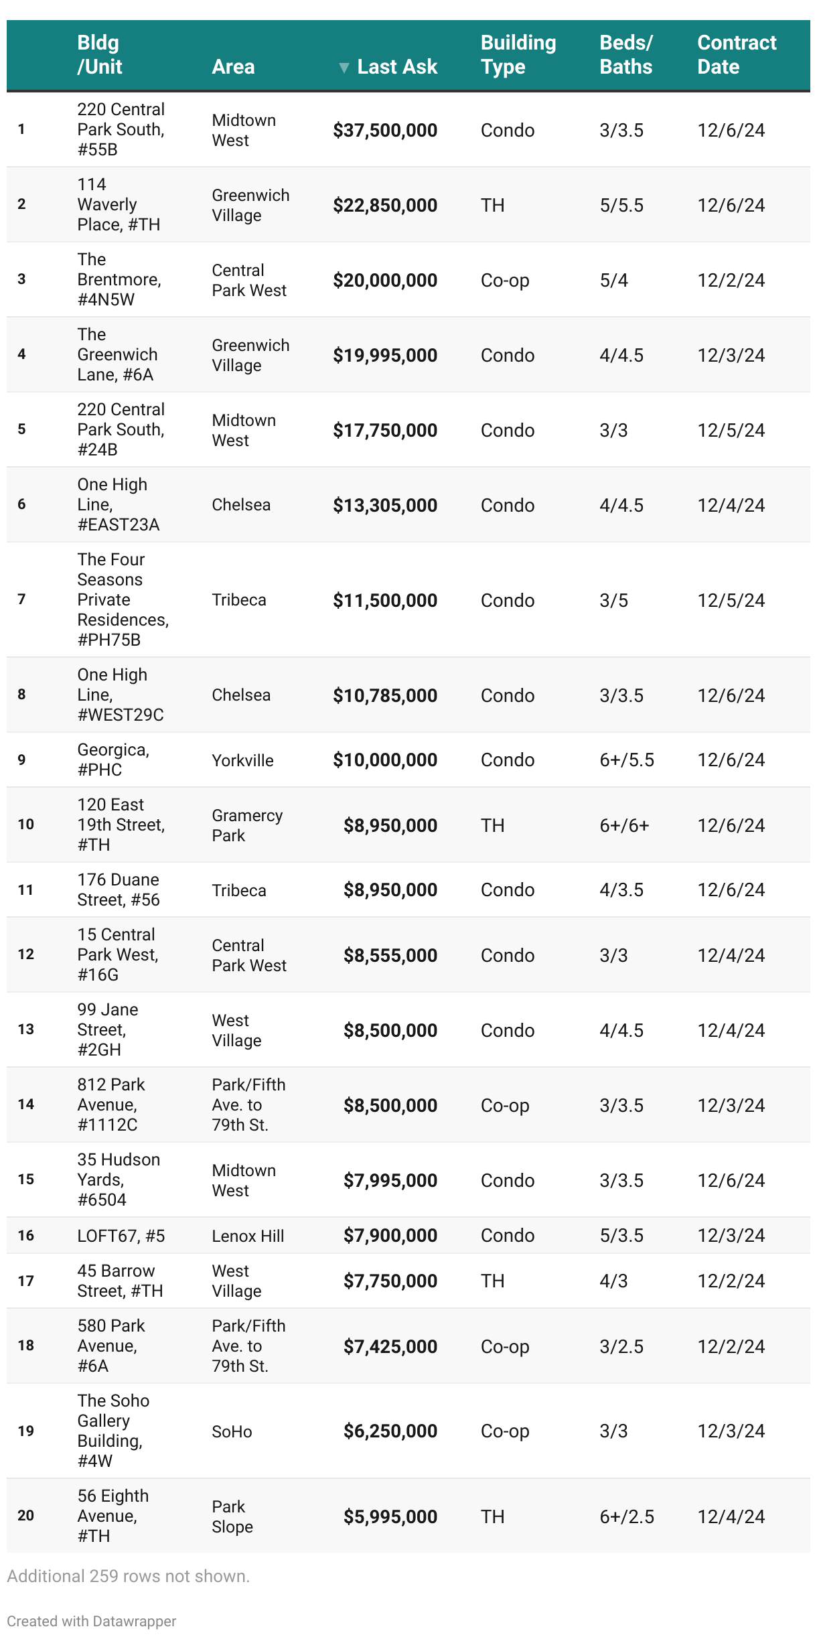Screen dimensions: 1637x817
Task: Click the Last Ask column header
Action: [396, 67]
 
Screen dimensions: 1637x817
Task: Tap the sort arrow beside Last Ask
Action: [344, 68]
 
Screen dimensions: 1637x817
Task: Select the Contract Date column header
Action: [736, 55]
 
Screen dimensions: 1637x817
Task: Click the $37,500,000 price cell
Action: [385, 131]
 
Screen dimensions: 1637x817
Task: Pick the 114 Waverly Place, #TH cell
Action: [119, 204]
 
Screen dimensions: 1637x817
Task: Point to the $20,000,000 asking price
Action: [385, 281]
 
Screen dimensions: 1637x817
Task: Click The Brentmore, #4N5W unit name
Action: [119, 279]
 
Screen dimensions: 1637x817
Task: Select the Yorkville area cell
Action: [242, 761]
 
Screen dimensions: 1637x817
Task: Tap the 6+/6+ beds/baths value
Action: [624, 826]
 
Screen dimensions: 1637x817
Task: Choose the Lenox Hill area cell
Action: [248, 1236]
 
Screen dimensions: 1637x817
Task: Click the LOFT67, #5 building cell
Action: [121, 1236]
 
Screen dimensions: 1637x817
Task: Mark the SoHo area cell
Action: [232, 1432]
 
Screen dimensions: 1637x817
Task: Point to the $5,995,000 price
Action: [390, 1517]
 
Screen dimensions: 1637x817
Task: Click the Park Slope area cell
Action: [232, 1517]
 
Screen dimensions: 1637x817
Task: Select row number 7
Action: [21, 599]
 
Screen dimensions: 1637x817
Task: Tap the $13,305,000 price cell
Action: [385, 506]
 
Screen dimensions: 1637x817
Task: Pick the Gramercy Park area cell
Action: [246, 826]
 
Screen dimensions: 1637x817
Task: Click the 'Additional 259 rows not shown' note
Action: [128, 1577]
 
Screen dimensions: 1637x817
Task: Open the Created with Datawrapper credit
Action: [92, 1622]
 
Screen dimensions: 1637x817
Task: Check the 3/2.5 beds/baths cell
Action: [621, 1347]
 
